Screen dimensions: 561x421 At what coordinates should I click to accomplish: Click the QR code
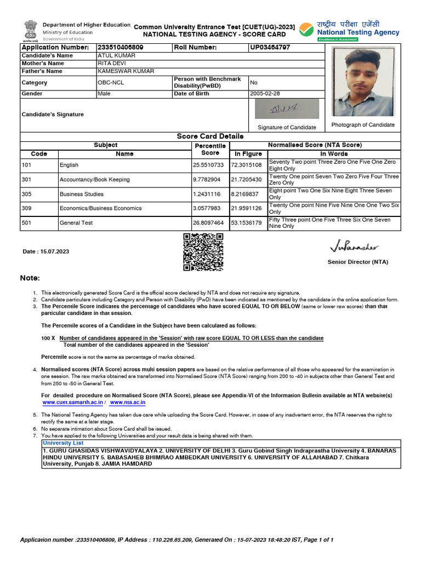[x=203, y=251]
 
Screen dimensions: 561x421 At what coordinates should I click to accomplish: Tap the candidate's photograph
[x=363, y=82]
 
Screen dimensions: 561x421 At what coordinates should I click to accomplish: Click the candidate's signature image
[x=287, y=110]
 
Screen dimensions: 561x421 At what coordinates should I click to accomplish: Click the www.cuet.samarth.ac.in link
[x=73, y=402]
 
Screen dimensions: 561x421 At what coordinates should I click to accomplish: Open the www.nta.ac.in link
[x=127, y=402]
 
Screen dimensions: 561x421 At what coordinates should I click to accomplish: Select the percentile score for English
[x=208, y=165]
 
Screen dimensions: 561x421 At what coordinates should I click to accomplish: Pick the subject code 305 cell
[x=27, y=194]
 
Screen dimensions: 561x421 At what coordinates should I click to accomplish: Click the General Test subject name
[x=76, y=223]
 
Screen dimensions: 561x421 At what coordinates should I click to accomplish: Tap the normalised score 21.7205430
[x=246, y=180]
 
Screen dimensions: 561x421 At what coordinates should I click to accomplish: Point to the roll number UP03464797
[x=270, y=48]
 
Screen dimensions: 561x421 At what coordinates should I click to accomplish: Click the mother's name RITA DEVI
[x=111, y=64]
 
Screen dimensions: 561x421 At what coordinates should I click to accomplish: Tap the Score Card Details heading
[x=210, y=136]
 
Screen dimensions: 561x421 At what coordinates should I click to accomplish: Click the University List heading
[x=63, y=443]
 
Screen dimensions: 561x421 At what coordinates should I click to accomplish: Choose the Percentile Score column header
[x=210, y=150]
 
